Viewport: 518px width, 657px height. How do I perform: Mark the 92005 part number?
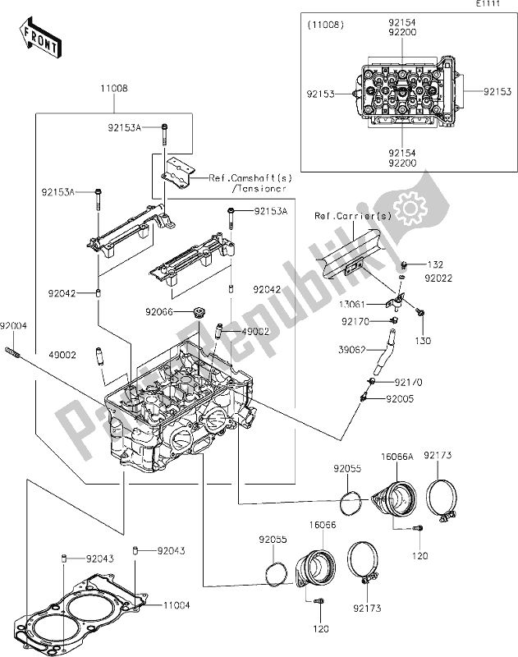click(401, 398)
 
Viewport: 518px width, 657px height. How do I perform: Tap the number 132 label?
click(435, 265)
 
